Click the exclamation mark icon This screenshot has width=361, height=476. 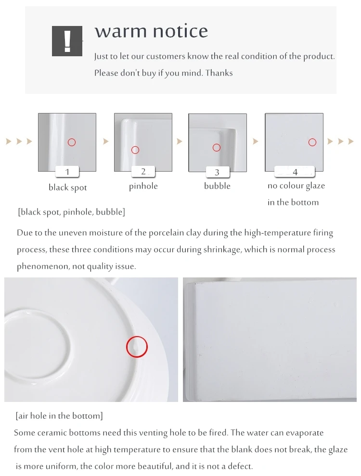click(67, 41)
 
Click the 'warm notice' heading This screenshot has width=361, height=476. click(151, 31)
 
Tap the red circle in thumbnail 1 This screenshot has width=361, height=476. click(72, 142)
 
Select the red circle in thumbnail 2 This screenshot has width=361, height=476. click(135, 150)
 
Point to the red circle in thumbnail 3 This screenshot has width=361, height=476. click(217, 148)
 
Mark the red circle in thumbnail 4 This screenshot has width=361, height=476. click(312, 142)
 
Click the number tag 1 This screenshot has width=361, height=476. click(67, 172)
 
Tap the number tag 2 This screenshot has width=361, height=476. click(143, 171)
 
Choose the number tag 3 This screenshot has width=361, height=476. click(217, 172)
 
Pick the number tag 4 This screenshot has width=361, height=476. click(295, 172)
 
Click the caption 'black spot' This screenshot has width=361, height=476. click(68, 188)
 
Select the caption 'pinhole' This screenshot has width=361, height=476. click(143, 186)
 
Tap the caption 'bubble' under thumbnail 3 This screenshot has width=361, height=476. click(217, 186)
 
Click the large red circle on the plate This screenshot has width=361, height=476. click(137, 347)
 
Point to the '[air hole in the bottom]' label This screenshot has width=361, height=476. click(59, 415)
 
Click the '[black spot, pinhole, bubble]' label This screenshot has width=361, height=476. click(71, 212)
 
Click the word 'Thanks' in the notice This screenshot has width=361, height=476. click(219, 73)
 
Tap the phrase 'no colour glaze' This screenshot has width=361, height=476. click(296, 186)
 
